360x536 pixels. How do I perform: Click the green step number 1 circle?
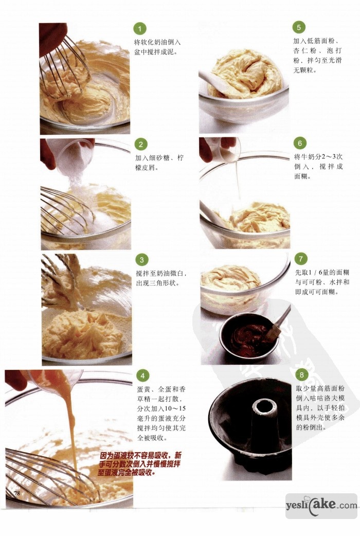point(139,29)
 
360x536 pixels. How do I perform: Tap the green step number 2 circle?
point(140,144)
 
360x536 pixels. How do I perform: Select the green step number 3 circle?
point(141,260)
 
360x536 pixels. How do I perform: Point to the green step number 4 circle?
point(142,376)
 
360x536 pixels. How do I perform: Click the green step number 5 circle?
point(298,27)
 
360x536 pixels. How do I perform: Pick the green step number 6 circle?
point(300,143)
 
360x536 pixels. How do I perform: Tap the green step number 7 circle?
point(301,259)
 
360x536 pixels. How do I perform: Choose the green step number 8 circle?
point(301,375)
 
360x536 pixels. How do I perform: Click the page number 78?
point(17,493)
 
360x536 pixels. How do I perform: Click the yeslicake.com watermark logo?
point(321,506)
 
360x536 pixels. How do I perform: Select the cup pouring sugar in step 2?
point(74,158)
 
